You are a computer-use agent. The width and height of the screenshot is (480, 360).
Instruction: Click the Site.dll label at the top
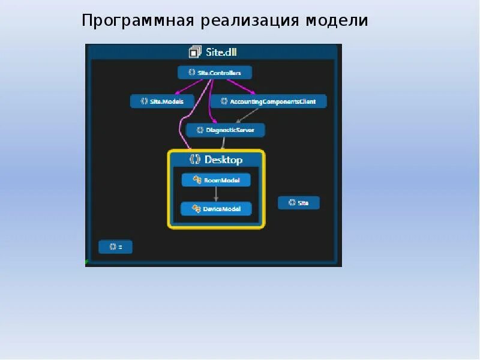pos(221,52)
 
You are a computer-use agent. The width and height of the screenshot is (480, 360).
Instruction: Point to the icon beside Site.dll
pos(194,52)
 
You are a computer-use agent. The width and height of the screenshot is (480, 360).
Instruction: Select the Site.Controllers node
pos(215,73)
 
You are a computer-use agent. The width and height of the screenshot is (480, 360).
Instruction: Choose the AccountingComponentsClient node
pos(268,101)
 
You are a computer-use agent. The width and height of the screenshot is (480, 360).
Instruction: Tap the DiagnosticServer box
pos(225,130)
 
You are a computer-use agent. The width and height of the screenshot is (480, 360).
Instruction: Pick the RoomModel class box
pos(216,179)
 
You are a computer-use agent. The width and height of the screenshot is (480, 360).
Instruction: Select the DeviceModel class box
pos(216,209)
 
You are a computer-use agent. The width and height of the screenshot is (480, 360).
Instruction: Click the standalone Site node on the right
pos(299,203)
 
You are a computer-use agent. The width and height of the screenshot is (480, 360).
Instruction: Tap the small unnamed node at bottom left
pos(115,247)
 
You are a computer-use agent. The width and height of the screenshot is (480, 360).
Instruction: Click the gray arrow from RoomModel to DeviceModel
pos(216,194)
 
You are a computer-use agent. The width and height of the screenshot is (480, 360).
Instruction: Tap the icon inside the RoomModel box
pos(196,179)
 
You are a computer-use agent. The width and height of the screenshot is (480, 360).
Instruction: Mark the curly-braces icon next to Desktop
pos(194,160)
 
